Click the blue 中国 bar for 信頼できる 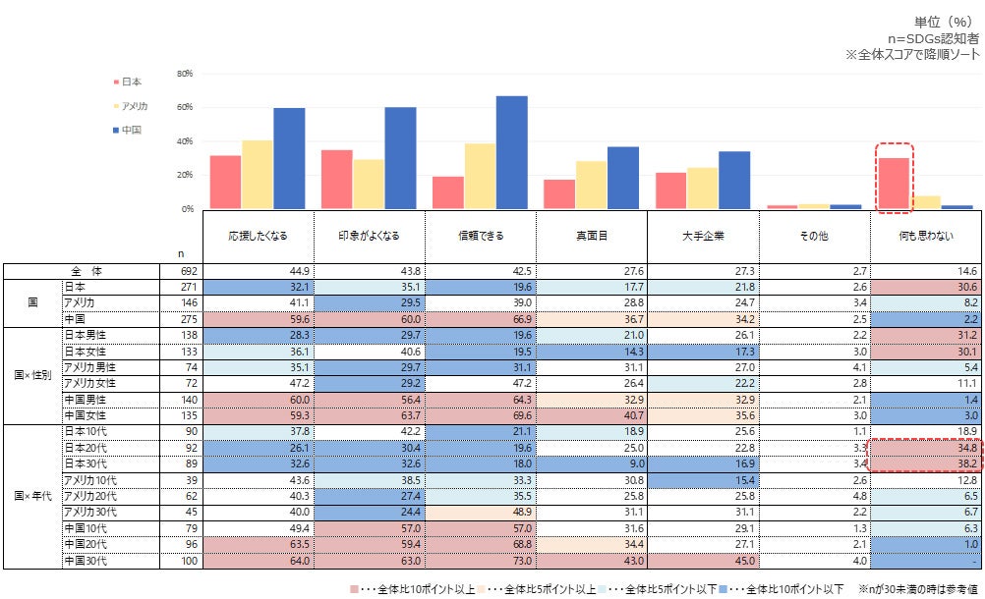pyautogui.click(x=511, y=152)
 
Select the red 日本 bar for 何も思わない pyautogui.click(x=894, y=184)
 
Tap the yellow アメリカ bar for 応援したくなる pyautogui.click(x=258, y=175)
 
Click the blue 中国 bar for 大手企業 pyautogui.click(x=734, y=180)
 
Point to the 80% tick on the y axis pyautogui.click(x=184, y=74)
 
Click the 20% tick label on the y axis pyautogui.click(x=184, y=176)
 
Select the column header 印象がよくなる pyautogui.click(x=369, y=237)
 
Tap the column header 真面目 pyautogui.click(x=592, y=237)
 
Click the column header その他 pyautogui.click(x=815, y=237)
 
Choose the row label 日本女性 pyautogui.click(x=87, y=352)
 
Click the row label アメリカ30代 pyautogui.click(x=90, y=512)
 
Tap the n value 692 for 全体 pyautogui.click(x=190, y=271)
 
